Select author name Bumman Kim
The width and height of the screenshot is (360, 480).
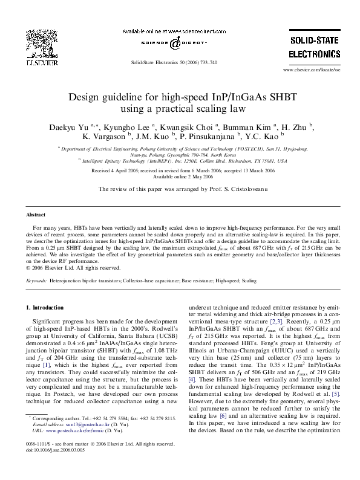tap(247, 129)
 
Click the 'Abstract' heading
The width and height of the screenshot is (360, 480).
tap(36, 215)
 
